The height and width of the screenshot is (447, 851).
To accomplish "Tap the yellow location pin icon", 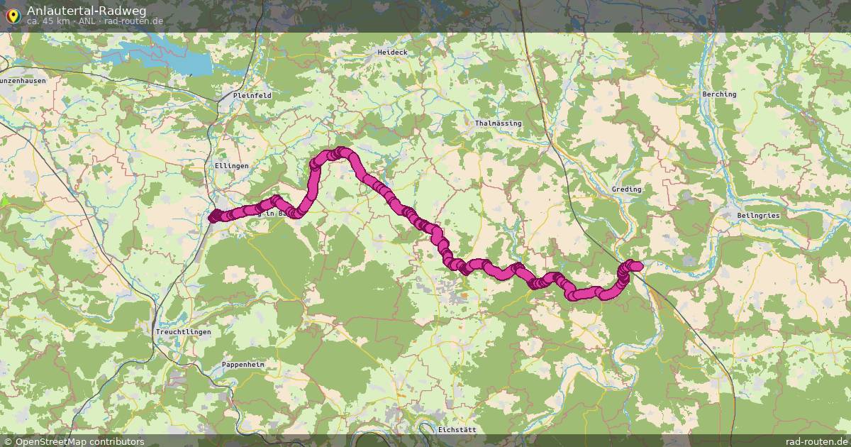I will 13,14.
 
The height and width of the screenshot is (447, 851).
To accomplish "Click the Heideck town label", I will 392,53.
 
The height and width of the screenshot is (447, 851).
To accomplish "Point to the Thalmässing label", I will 498,123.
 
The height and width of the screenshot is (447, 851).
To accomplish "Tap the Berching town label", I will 719,94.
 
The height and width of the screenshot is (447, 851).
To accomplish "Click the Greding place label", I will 626,189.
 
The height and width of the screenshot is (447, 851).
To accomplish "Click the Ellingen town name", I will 231,166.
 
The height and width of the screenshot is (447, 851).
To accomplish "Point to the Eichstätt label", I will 457,430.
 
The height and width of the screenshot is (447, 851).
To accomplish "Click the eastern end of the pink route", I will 636,266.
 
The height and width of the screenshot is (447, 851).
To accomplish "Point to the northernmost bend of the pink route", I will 343,152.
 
